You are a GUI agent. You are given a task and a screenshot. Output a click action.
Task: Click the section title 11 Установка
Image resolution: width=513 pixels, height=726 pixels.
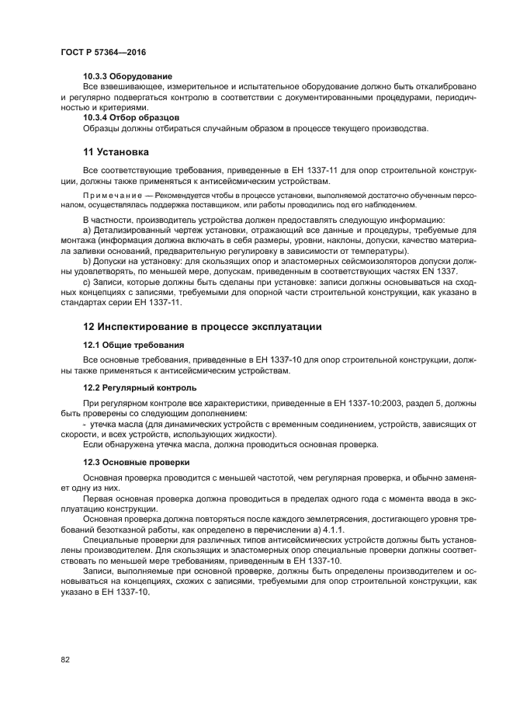coord(116,151)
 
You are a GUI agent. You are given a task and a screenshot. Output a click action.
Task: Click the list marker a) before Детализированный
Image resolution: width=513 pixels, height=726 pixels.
coord(87,231)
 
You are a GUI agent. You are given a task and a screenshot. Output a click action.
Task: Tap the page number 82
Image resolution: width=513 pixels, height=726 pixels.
coord(66,659)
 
